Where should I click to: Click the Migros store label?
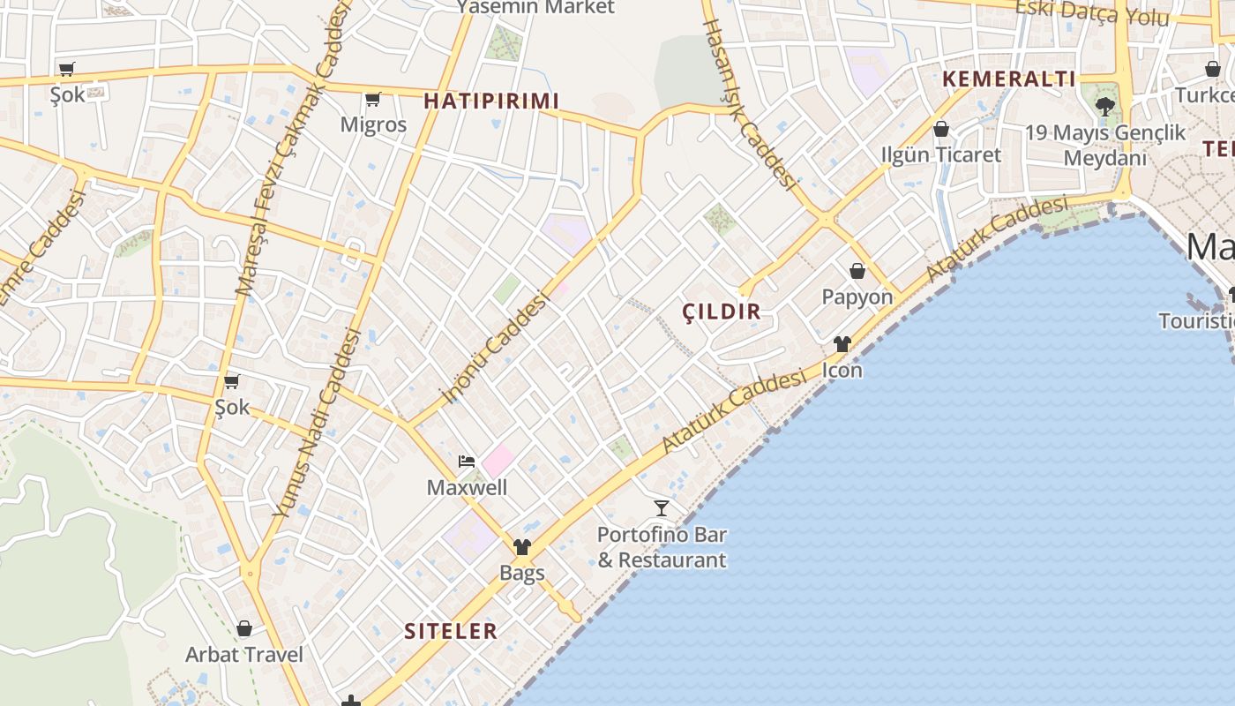click(x=373, y=124)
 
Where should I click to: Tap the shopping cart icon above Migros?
click(x=373, y=99)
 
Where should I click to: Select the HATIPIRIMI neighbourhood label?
click(x=491, y=101)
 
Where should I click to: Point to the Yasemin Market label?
click(x=535, y=7)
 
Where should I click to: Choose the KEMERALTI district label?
click(x=1008, y=79)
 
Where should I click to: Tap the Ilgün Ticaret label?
click(x=941, y=154)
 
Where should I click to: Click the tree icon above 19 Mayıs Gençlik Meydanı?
click(x=1104, y=107)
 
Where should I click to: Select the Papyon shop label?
click(x=857, y=297)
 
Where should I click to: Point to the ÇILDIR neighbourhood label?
click(x=722, y=311)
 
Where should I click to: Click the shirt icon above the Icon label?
click(x=842, y=344)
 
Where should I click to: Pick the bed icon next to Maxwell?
click(x=466, y=462)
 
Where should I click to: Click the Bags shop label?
click(x=522, y=573)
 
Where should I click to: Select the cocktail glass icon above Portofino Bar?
click(x=661, y=507)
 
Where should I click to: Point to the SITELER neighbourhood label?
click(x=451, y=631)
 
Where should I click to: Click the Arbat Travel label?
click(x=243, y=655)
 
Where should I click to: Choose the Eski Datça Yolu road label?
click(x=1092, y=11)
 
